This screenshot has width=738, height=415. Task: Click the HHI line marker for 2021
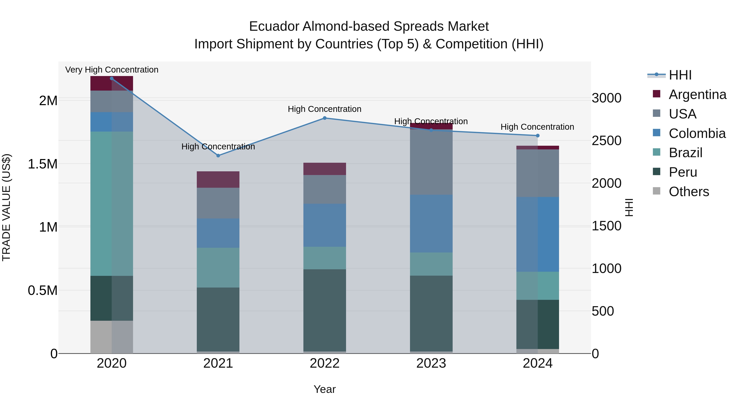coord(218,156)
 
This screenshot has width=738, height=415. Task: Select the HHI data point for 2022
coord(325,118)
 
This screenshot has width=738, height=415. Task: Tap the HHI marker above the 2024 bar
coord(538,135)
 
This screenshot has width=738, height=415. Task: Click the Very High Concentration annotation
coord(112,70)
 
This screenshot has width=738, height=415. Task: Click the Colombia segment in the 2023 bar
coord(431,223)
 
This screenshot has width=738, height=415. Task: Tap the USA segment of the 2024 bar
coord(538,173)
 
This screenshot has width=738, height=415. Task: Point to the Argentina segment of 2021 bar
coord(218,179)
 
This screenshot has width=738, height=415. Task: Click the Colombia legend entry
coord(697,133)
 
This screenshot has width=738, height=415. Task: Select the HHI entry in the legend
coord(680,75)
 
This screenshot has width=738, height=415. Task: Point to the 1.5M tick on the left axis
coord(42,164)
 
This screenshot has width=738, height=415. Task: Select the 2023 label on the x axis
coord(431,363)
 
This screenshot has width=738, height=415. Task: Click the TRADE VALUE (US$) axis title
coord(6,207)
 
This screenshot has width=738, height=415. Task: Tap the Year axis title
coord(325,389)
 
